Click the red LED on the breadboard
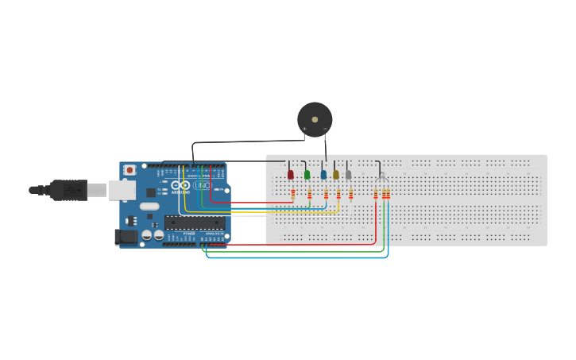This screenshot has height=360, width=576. coord(291,174)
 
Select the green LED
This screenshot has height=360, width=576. coord(307,174)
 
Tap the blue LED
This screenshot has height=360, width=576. coord(323,174)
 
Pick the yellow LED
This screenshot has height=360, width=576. coord(336,174)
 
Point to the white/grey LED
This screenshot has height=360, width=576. coord(349,174)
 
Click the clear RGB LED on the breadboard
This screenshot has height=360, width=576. coord(382,176)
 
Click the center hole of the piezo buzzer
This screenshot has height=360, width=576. coord(315,119)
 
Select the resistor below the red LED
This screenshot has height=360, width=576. coord(293,193)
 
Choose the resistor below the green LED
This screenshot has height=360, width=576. coord(310,193)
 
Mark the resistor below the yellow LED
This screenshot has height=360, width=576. coord(338,193)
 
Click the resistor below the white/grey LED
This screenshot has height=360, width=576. coord(351,193)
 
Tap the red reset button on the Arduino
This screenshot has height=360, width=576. coord(130,170)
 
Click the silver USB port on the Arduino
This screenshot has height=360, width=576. coord(122,189)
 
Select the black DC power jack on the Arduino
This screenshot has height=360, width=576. coord(126,236)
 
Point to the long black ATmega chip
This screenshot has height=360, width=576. coord(195,223)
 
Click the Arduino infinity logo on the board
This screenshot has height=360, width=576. coord(180,185)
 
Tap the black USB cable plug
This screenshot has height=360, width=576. coord(69,190)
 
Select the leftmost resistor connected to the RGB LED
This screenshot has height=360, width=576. coord(376,193)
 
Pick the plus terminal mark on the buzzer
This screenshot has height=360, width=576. coord(304,129)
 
